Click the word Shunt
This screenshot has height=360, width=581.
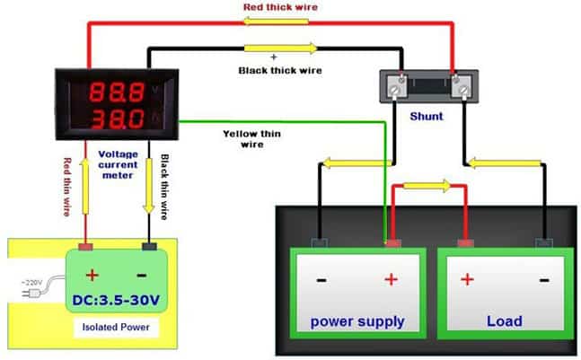(x=427, y=117)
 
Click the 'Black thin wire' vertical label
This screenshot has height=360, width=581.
(x=164, y=188)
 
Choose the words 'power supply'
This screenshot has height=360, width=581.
(x=357, y=321)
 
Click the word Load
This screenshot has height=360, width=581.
(x=504, y=321)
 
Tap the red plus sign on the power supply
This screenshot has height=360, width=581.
(x=391, y=279)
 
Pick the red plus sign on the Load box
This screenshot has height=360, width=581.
(x=467, y=279)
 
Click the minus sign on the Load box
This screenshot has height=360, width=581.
(x=544, y=279)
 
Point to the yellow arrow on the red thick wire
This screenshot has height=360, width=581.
(x=283, y=24)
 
